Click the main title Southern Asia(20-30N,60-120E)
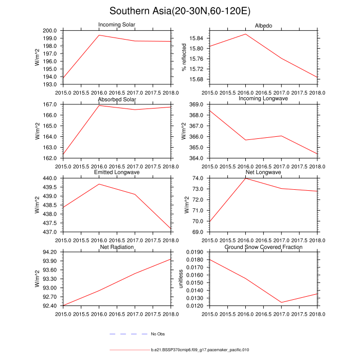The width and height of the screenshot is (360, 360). tap(179, 11)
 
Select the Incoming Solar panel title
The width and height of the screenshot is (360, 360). tap(117, 25)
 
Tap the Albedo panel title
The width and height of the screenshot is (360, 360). tap(263, 26)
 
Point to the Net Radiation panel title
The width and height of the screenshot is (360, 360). tap(117, 247)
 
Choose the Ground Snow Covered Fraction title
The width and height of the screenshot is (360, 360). tap(263, 247)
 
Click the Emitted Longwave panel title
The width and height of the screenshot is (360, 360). tap(117, 173)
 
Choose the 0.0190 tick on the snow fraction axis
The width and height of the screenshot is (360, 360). tap(198, 253)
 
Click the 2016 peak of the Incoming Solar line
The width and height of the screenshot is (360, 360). tap(99, 35)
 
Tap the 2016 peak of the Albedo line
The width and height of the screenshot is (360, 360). tap(246, 34)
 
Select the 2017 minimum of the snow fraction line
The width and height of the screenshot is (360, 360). tap(281, 302)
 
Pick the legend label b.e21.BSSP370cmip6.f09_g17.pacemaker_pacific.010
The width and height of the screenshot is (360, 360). tap(200, 350)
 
